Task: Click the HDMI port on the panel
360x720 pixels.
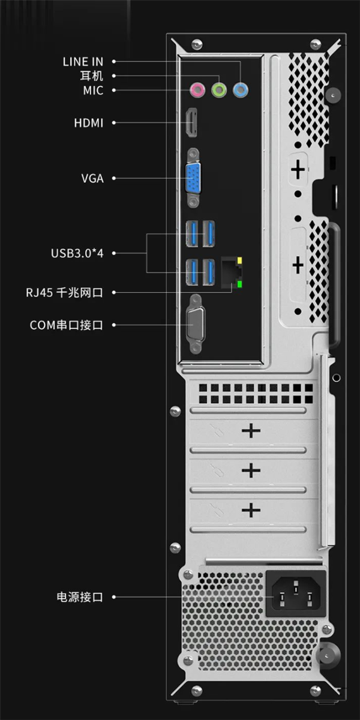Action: (191, 122)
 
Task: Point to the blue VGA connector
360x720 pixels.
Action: (193, 178)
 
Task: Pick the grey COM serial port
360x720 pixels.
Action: (195, 325)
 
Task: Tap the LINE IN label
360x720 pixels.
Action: (83, 62)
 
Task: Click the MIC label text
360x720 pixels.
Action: (93, 91)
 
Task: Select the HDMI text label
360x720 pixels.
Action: (89, 123)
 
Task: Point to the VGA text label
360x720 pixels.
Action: (92, 178)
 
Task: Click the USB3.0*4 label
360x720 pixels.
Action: (77, 253)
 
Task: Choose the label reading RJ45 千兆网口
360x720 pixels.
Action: (64, 293)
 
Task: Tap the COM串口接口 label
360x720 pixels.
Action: (67, 325)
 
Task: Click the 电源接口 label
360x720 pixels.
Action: (80, 597)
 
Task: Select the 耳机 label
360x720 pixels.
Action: (91, 76)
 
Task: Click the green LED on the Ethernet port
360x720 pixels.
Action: (240, 284)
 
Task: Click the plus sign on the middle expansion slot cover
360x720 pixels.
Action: (251, 470)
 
